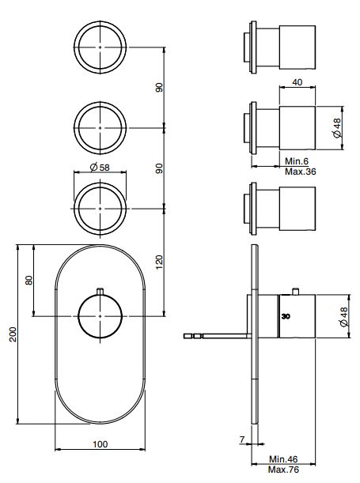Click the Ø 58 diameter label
100,167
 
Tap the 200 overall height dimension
11,335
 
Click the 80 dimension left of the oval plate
29,281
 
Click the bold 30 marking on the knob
286,315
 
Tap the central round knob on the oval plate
100,317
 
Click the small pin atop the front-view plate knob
100,290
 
